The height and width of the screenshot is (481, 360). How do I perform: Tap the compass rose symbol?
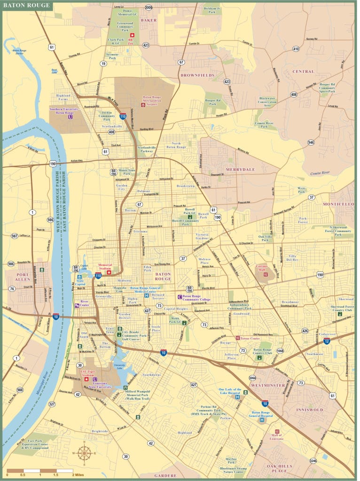pos(84,453)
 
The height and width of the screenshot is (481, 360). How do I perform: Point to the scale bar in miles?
pos(40,470)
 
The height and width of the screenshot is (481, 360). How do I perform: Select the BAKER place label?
pos(149,20)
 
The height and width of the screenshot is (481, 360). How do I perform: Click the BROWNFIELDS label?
pos(197,75)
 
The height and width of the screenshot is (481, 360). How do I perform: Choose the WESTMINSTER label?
pos(267,385)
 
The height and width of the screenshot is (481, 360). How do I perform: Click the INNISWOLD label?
pos(309,410)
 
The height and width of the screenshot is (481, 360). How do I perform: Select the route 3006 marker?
pos(149,8)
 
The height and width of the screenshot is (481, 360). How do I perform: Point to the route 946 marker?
pos(311,142)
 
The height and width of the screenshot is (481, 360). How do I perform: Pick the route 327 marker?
pos(52,404)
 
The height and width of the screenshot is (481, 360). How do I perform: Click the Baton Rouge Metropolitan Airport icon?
pos(143,105)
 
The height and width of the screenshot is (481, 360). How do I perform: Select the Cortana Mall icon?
pos(265,274)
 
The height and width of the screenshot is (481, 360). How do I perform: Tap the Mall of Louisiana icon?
pos(277,431)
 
